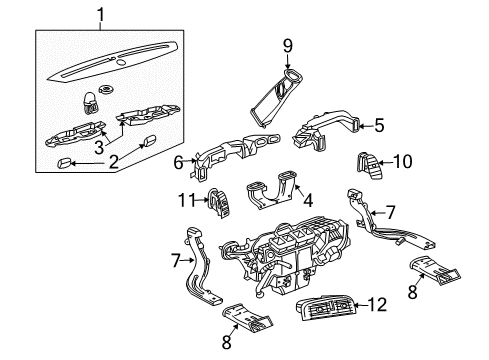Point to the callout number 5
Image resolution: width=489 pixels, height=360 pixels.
tap(379, 125)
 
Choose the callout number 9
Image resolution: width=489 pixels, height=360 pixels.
tap(286, 44)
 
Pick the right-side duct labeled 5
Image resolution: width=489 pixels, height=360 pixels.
tap(327, 131)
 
